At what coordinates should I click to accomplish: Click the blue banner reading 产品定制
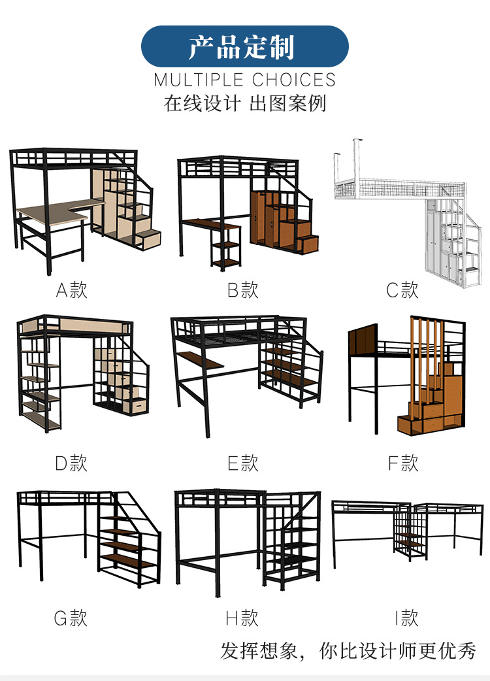pyautogui.click(x=244, y=46)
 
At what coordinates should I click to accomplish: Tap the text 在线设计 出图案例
pyautogui.click(x=244, y=104)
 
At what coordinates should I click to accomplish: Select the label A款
pyautogui.click(x=71, y=290)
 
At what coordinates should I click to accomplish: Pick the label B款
pyautogui.click(x=243, y=290)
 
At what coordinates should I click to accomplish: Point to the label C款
pyautogui.click(x=402, y=290)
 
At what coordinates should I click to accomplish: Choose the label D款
pyautogui.click(x=71, y=463)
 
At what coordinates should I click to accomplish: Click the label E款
pyautogui.click(x=243, y=463)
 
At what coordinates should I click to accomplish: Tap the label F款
pyautogui.click(x=402, y=463)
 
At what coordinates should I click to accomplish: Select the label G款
pyautogui.click(x=71, y=618)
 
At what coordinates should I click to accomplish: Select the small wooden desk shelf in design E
pyautogui.click(x=200, y=360)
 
